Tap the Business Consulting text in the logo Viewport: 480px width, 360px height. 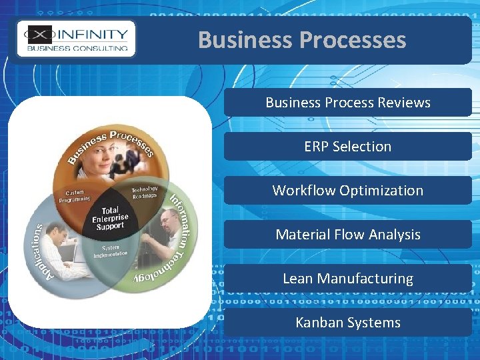[x=77, y=48]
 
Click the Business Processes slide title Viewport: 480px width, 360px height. [x=301, y=40]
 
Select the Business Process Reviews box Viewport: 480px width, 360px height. [x=347, y=103]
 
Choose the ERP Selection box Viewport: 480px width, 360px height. [x=347, y=147]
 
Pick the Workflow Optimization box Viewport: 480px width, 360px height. [x=347, y=191]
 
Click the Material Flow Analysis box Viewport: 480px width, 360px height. [x=347, y=235]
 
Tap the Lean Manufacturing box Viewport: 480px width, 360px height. [x=347, y=279]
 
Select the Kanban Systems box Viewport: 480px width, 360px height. [x=347, y=323]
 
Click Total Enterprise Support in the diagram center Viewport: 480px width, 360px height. [x=110, y=218]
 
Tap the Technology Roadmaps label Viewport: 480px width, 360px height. [x=144, y=191]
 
